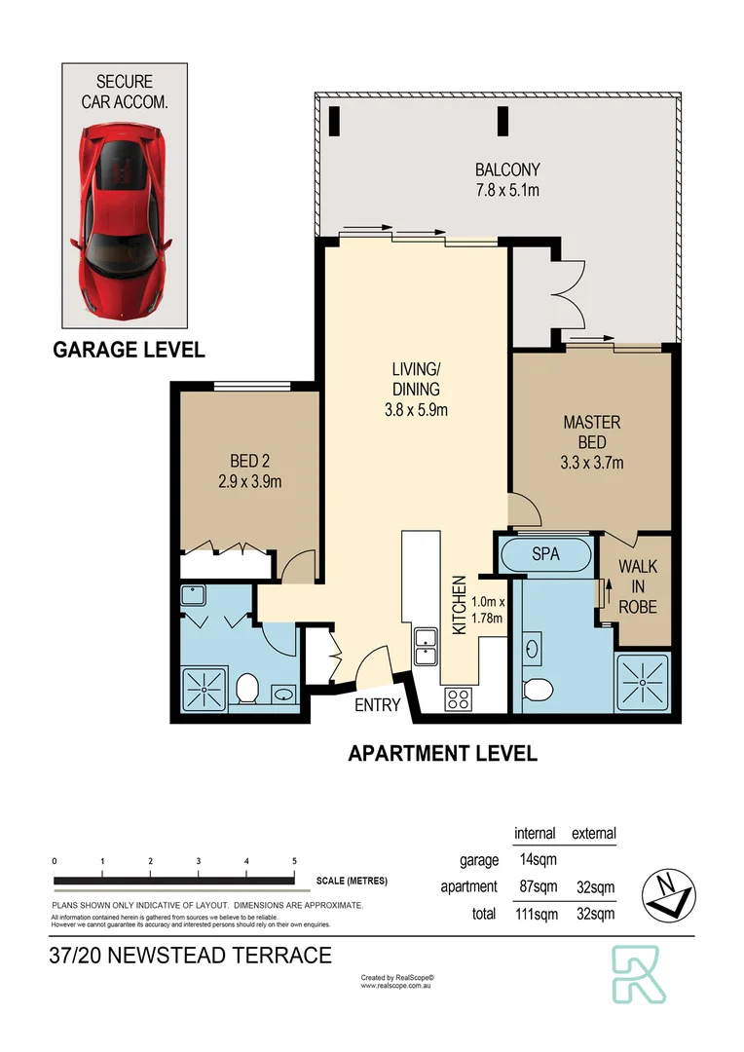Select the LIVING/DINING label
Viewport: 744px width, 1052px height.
[x=416, y=389]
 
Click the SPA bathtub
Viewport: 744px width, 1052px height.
[x=544, y=554]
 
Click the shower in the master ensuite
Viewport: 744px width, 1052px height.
[x=643, y=684]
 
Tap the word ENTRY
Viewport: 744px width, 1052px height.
[x=377, y=704]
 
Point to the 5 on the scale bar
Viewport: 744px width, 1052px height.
[x=294, y=861]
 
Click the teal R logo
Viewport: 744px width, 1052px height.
[x=640, y=973]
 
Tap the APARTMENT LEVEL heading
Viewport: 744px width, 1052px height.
[x=442, y=753]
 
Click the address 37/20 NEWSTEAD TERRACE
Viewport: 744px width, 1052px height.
[x=191, y=956]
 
